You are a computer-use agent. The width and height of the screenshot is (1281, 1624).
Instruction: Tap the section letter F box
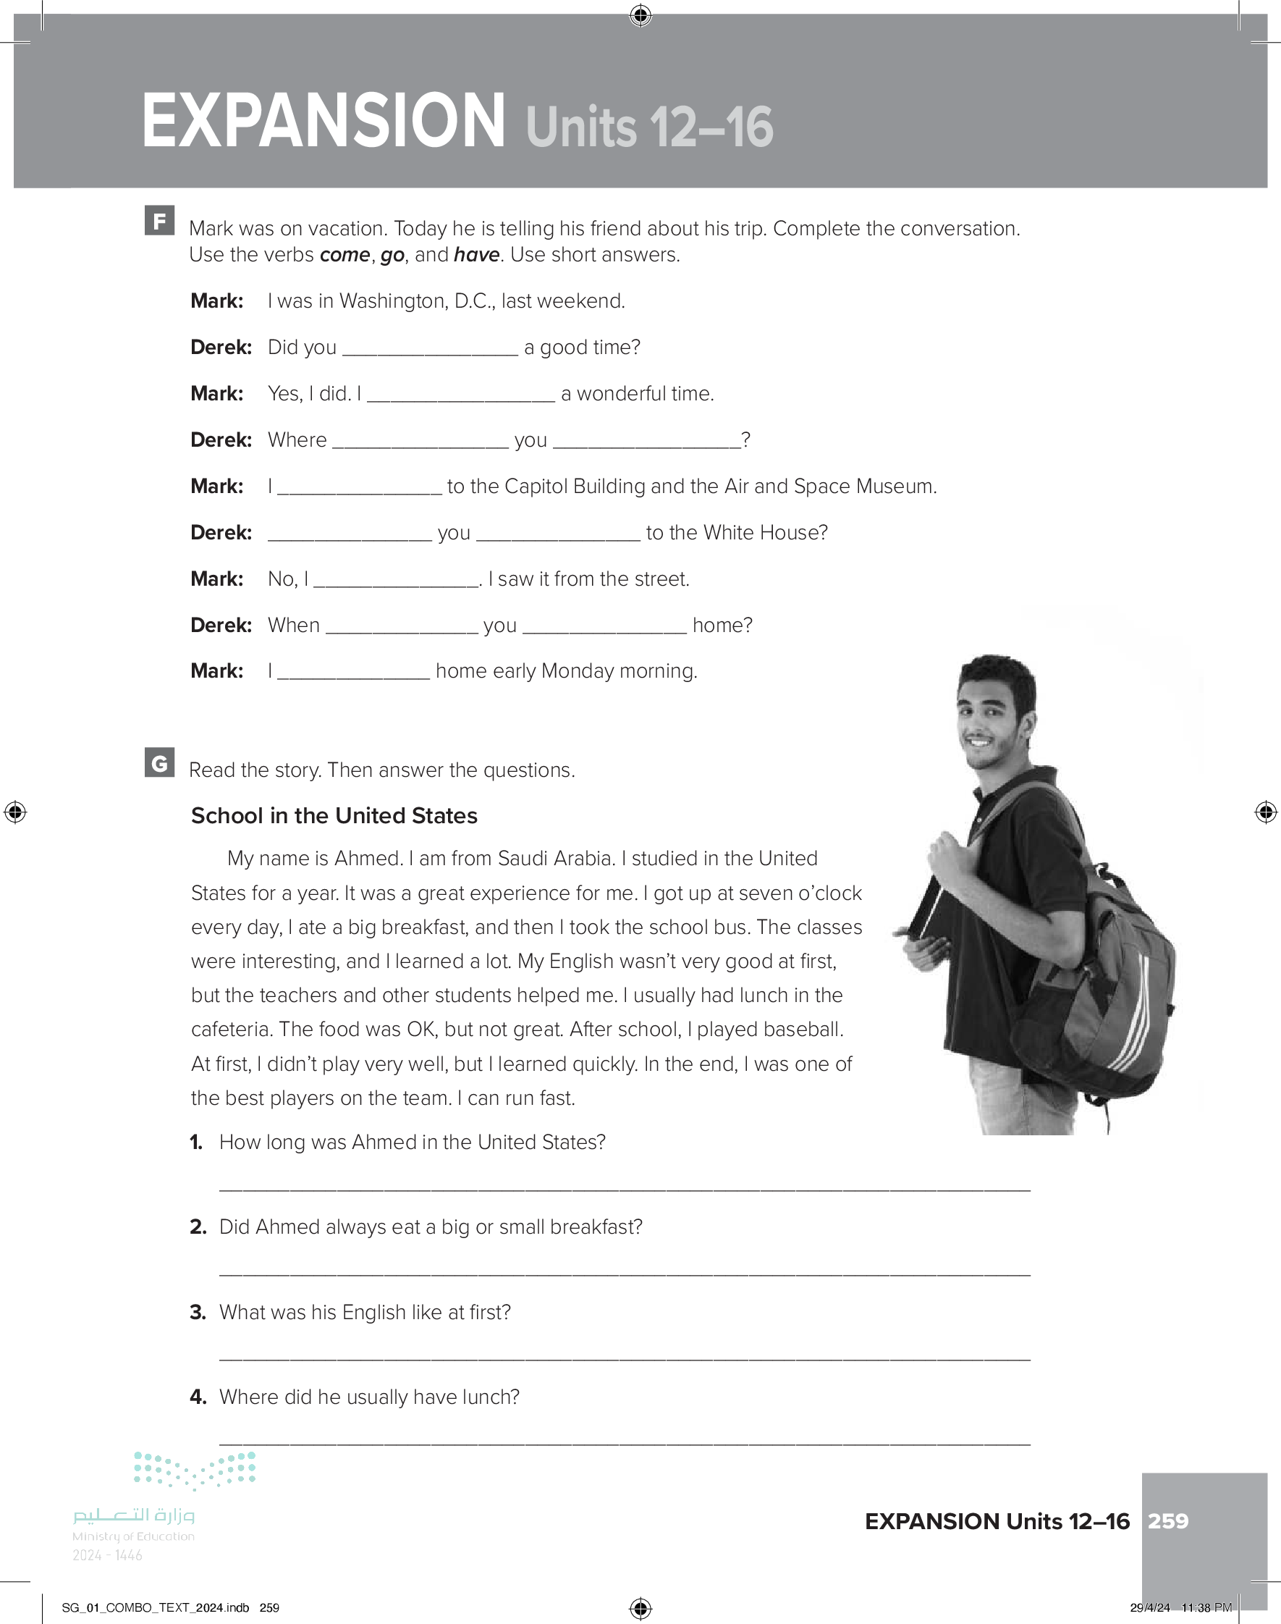coord(159,221)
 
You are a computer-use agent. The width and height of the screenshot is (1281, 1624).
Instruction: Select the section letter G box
coord(159,763)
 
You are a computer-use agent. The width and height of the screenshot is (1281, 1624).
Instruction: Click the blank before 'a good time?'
coord(429,350)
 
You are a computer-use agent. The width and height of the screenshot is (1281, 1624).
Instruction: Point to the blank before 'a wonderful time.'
coord(460,396)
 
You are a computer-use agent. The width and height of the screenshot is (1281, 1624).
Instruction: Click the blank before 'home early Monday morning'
coord(354,673)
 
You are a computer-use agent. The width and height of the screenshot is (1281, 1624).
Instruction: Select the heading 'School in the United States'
coord(334,816)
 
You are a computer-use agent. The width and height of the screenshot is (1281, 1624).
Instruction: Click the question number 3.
coord(198,1312)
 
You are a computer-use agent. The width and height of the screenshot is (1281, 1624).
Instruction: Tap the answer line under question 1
coord(624,1187)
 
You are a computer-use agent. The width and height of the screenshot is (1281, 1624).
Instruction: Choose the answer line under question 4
coord(624,1442)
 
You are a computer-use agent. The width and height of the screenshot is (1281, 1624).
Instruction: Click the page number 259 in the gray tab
coord(1168,1521)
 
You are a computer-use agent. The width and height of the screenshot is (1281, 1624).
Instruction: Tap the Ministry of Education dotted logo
coord(194,1470)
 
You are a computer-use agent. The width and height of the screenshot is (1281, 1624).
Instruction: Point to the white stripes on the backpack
coord(1133,1013)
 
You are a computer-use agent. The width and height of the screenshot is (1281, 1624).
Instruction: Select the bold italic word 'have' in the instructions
coord(476,255)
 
